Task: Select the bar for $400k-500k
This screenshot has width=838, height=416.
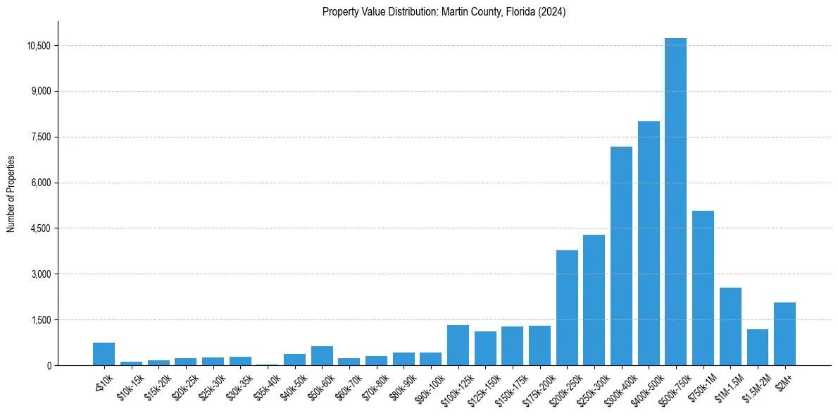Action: click(x=649, y=243)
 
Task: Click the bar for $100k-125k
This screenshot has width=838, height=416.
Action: click(x=458, y=345)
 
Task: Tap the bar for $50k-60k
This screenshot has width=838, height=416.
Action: click(x=322, y=355)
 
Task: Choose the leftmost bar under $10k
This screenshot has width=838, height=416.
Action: click(x=104, y=354)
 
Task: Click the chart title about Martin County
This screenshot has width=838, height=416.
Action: click(x=444, y=12)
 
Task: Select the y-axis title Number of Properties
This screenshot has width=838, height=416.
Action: click(x=11, y=193)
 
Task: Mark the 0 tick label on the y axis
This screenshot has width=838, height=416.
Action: click(x=49, y=365)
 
